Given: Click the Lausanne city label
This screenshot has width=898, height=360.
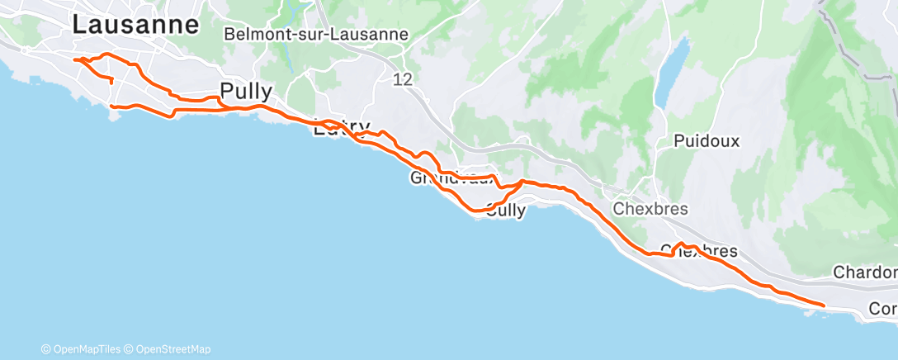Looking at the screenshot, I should coord(135,25).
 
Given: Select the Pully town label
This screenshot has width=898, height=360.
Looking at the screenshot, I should coord(246,90).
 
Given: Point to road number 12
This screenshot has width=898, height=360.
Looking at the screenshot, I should coord(403,79).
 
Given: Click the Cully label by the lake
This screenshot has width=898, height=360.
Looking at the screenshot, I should coord(505,211).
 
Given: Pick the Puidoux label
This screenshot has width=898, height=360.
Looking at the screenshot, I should coord(707,141).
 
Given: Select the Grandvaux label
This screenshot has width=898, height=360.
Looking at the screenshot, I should coord(452,178).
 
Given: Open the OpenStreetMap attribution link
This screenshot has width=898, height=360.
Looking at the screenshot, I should coord(173,349).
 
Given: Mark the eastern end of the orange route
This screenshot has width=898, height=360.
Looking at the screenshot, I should coord(824,306).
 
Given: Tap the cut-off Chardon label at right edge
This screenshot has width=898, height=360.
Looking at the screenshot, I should coord(865,272).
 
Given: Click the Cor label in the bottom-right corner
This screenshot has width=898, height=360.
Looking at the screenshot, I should coord(883,309).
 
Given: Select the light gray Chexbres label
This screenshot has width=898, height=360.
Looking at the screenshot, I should coord(650,209).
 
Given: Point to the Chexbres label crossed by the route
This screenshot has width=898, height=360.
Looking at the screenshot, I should coord(699,251).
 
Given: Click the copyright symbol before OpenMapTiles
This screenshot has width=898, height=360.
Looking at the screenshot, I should coord(46,349).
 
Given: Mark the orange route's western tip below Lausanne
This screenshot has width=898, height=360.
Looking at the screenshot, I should coord(75,59).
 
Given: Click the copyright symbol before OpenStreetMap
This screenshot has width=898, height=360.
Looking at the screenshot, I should coord(129,349).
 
